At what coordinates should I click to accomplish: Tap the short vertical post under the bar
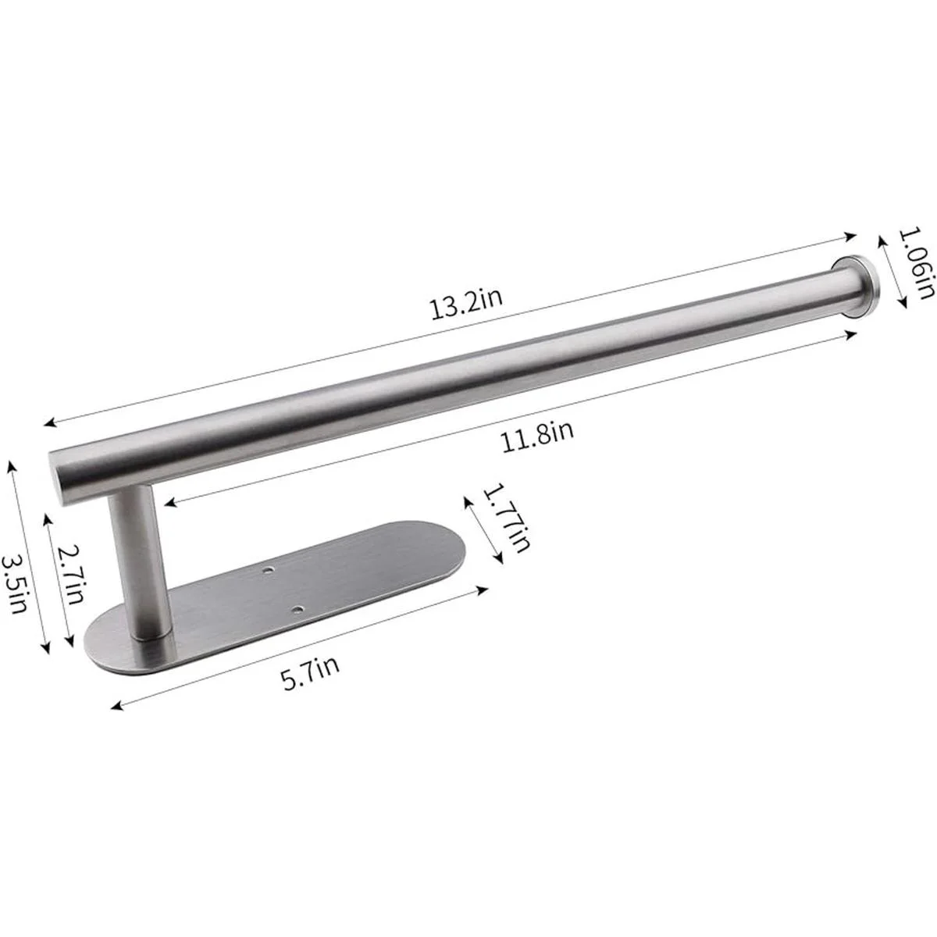(x=137, y=561)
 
